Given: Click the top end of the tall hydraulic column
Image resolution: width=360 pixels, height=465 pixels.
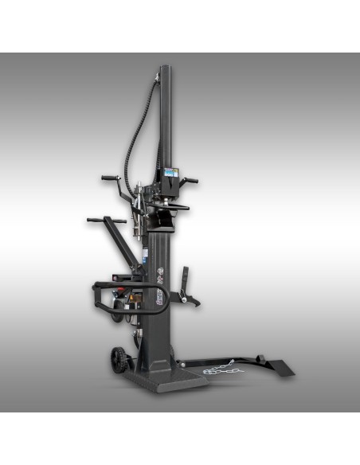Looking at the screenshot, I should click(165, 69).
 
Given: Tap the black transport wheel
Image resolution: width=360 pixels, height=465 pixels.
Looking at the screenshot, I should click(120, 359).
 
